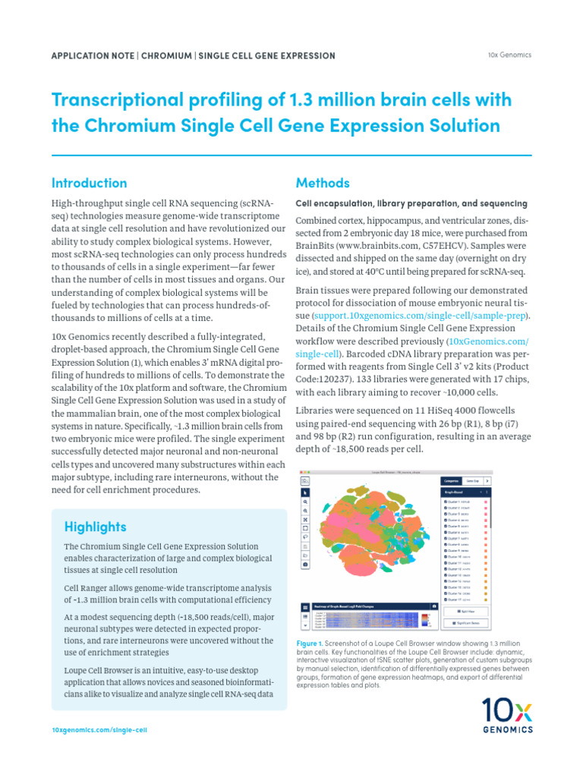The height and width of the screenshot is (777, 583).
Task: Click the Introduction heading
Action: (89, 183)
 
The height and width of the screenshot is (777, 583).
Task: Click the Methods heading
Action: (322, 183)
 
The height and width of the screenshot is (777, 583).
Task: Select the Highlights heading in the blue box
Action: (95, 527)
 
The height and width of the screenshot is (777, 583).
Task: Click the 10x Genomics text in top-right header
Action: (509, 55)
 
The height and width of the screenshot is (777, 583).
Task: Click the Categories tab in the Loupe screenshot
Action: (452, 481)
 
